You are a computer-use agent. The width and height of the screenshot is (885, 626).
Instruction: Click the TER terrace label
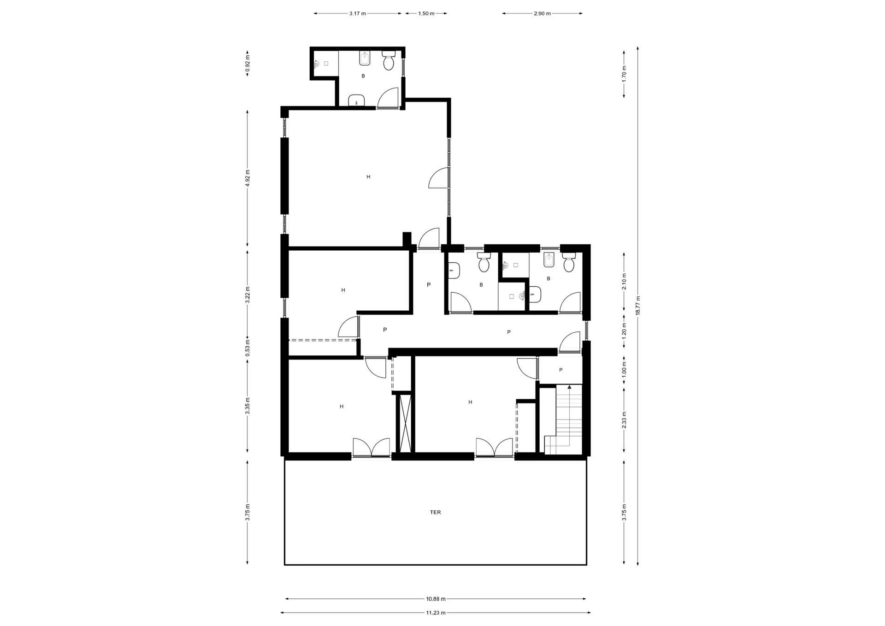click(435, 512)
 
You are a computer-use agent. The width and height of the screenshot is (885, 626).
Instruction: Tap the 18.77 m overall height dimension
click(637, 305)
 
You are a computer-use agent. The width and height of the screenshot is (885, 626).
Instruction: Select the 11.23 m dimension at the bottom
click(436, 613)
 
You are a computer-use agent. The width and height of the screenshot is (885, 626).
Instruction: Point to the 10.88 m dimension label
click(436, 599)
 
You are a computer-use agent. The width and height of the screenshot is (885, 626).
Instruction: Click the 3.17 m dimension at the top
click(357, 13)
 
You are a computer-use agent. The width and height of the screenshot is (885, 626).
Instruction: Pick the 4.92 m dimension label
click(248, 178)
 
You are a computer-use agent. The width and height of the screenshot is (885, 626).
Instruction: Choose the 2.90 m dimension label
click(542, 13)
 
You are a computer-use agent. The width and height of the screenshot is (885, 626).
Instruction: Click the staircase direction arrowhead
click(569, 387)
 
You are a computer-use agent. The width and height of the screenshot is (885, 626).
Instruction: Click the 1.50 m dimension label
click(426, 13)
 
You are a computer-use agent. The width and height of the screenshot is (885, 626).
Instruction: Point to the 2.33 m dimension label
click(624, 420)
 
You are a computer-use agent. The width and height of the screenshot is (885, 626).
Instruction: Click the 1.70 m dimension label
click(624, 74)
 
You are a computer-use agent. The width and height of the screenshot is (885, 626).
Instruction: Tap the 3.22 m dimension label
click(248, 295)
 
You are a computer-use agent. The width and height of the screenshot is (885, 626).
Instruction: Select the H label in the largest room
click(368, 177)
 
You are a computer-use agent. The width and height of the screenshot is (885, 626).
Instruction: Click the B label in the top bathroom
click(363, 76)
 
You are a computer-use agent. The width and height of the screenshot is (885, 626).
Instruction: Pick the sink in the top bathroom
click(356, 100)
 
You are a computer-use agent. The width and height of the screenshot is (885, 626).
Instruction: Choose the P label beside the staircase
click(561, 370)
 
